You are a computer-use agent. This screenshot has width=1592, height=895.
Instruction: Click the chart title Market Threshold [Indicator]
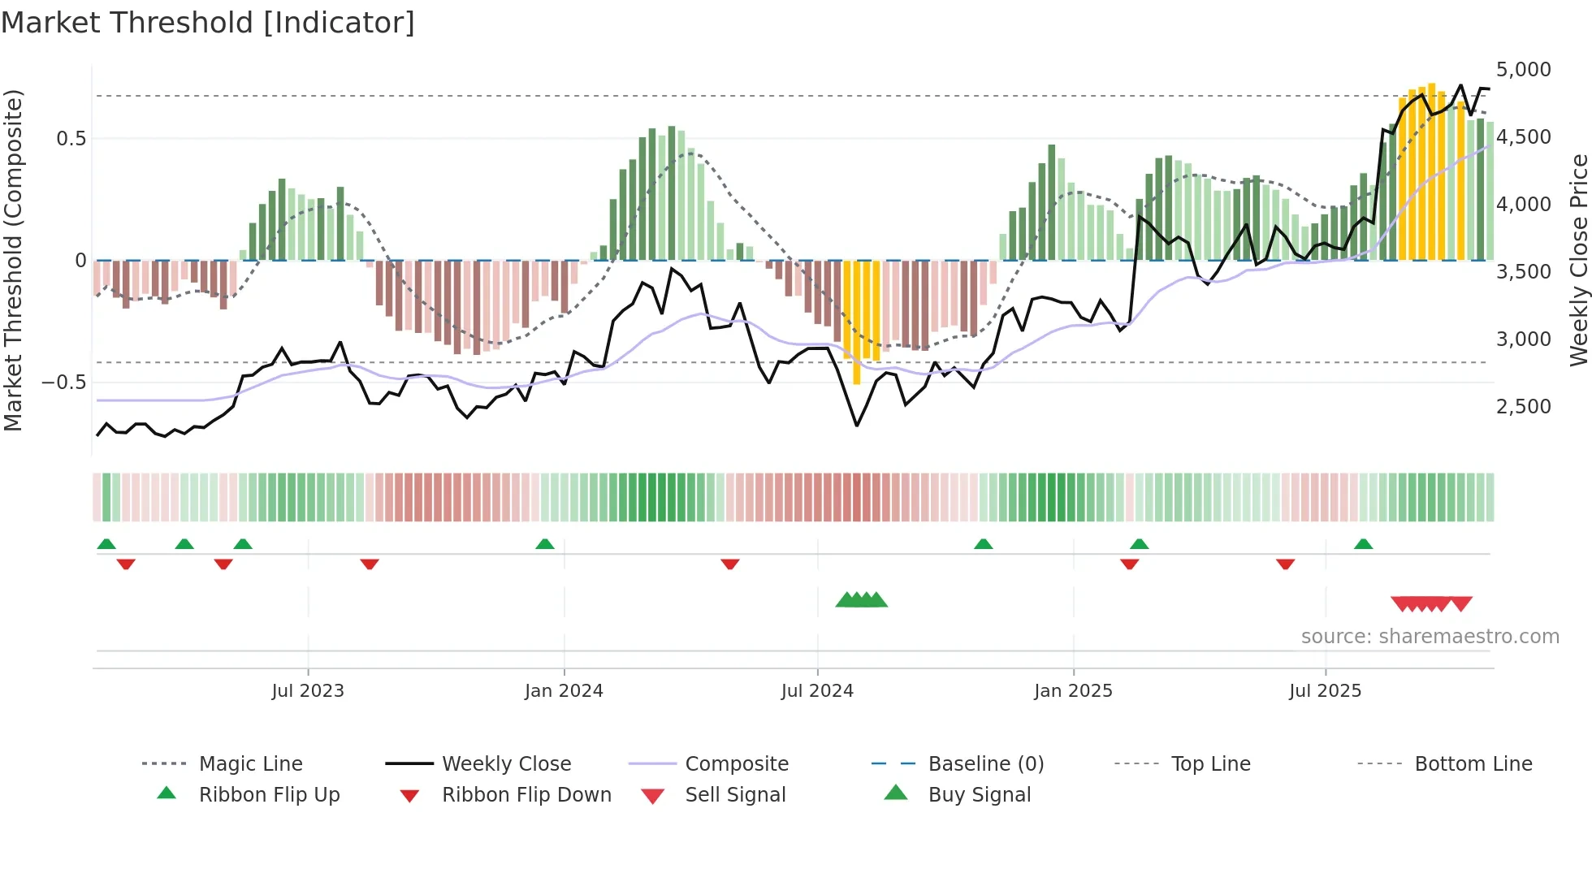tap(208, 23)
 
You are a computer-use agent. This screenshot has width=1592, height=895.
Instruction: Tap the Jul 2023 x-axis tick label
tap(308, 691)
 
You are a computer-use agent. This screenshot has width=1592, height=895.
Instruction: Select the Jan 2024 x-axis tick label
tap(564, 691)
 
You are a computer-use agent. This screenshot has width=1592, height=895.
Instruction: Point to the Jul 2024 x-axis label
tap(817, 691)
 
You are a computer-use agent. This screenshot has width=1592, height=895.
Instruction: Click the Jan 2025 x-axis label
tap(1073, 691)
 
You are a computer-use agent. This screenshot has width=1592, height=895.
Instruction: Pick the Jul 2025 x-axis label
tap(1325, 691)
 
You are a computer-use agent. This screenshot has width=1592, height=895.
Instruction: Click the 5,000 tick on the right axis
tap(1523, 70)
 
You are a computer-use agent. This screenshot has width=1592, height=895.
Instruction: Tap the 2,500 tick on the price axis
tap(1523, 407)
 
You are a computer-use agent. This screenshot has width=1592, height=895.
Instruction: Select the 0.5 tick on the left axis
tap(71, 139)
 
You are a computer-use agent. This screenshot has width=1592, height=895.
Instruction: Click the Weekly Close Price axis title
tap(1578, 260)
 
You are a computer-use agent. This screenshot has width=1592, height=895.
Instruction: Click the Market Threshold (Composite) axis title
tap(13, 260)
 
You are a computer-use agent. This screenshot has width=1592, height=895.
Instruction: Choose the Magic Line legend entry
tap(250, 764)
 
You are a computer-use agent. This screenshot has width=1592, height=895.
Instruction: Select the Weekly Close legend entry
tap(506, 764)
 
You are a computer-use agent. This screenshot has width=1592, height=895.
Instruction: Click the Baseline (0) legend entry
tap(985, 764)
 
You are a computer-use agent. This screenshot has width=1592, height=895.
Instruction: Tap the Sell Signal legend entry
tap(735, 795)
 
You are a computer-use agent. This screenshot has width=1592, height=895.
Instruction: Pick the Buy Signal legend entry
tap(979, 795)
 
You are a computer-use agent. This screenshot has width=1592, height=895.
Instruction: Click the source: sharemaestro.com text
tap(1430, 637)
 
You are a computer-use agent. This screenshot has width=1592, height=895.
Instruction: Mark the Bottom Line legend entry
tap(1473, 764)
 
